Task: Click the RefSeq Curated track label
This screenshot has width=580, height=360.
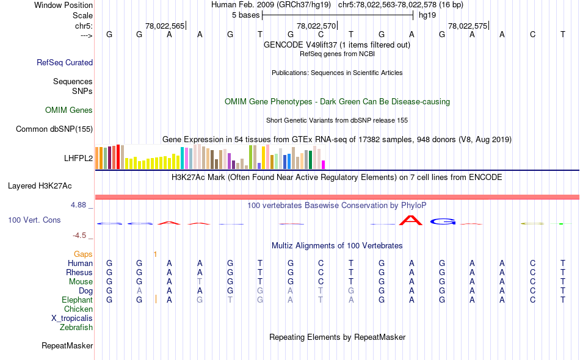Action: [65, 62]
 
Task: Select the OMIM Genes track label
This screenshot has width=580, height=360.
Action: [69, 110]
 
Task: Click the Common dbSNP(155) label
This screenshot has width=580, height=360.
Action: [54, 129]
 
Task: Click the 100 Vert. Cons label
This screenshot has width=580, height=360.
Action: [34, 220]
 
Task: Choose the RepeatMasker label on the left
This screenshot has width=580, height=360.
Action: [67, 346]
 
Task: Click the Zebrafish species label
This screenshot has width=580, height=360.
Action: [76, 328]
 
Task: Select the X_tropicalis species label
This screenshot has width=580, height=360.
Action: [72, 319]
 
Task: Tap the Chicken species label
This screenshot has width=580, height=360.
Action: [78, 309]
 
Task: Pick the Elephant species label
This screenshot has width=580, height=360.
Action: [77, 300]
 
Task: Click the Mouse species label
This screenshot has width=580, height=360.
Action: [81, 282]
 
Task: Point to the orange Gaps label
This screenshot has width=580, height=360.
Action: [83, 254]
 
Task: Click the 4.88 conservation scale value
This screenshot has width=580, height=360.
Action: [80, 205]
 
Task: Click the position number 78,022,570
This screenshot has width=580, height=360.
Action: [316, 26]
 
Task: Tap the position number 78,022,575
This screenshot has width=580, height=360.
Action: [468, 26]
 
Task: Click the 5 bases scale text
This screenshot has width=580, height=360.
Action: [245, 15]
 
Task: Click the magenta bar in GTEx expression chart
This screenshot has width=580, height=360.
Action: [323, 164]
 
